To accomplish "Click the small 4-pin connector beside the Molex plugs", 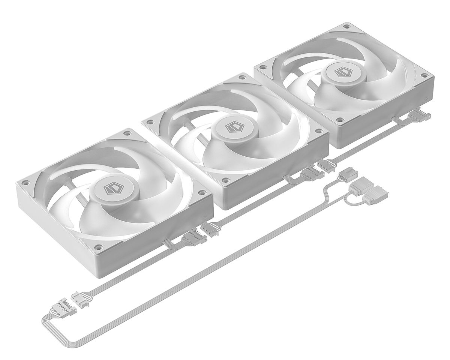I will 348,175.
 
